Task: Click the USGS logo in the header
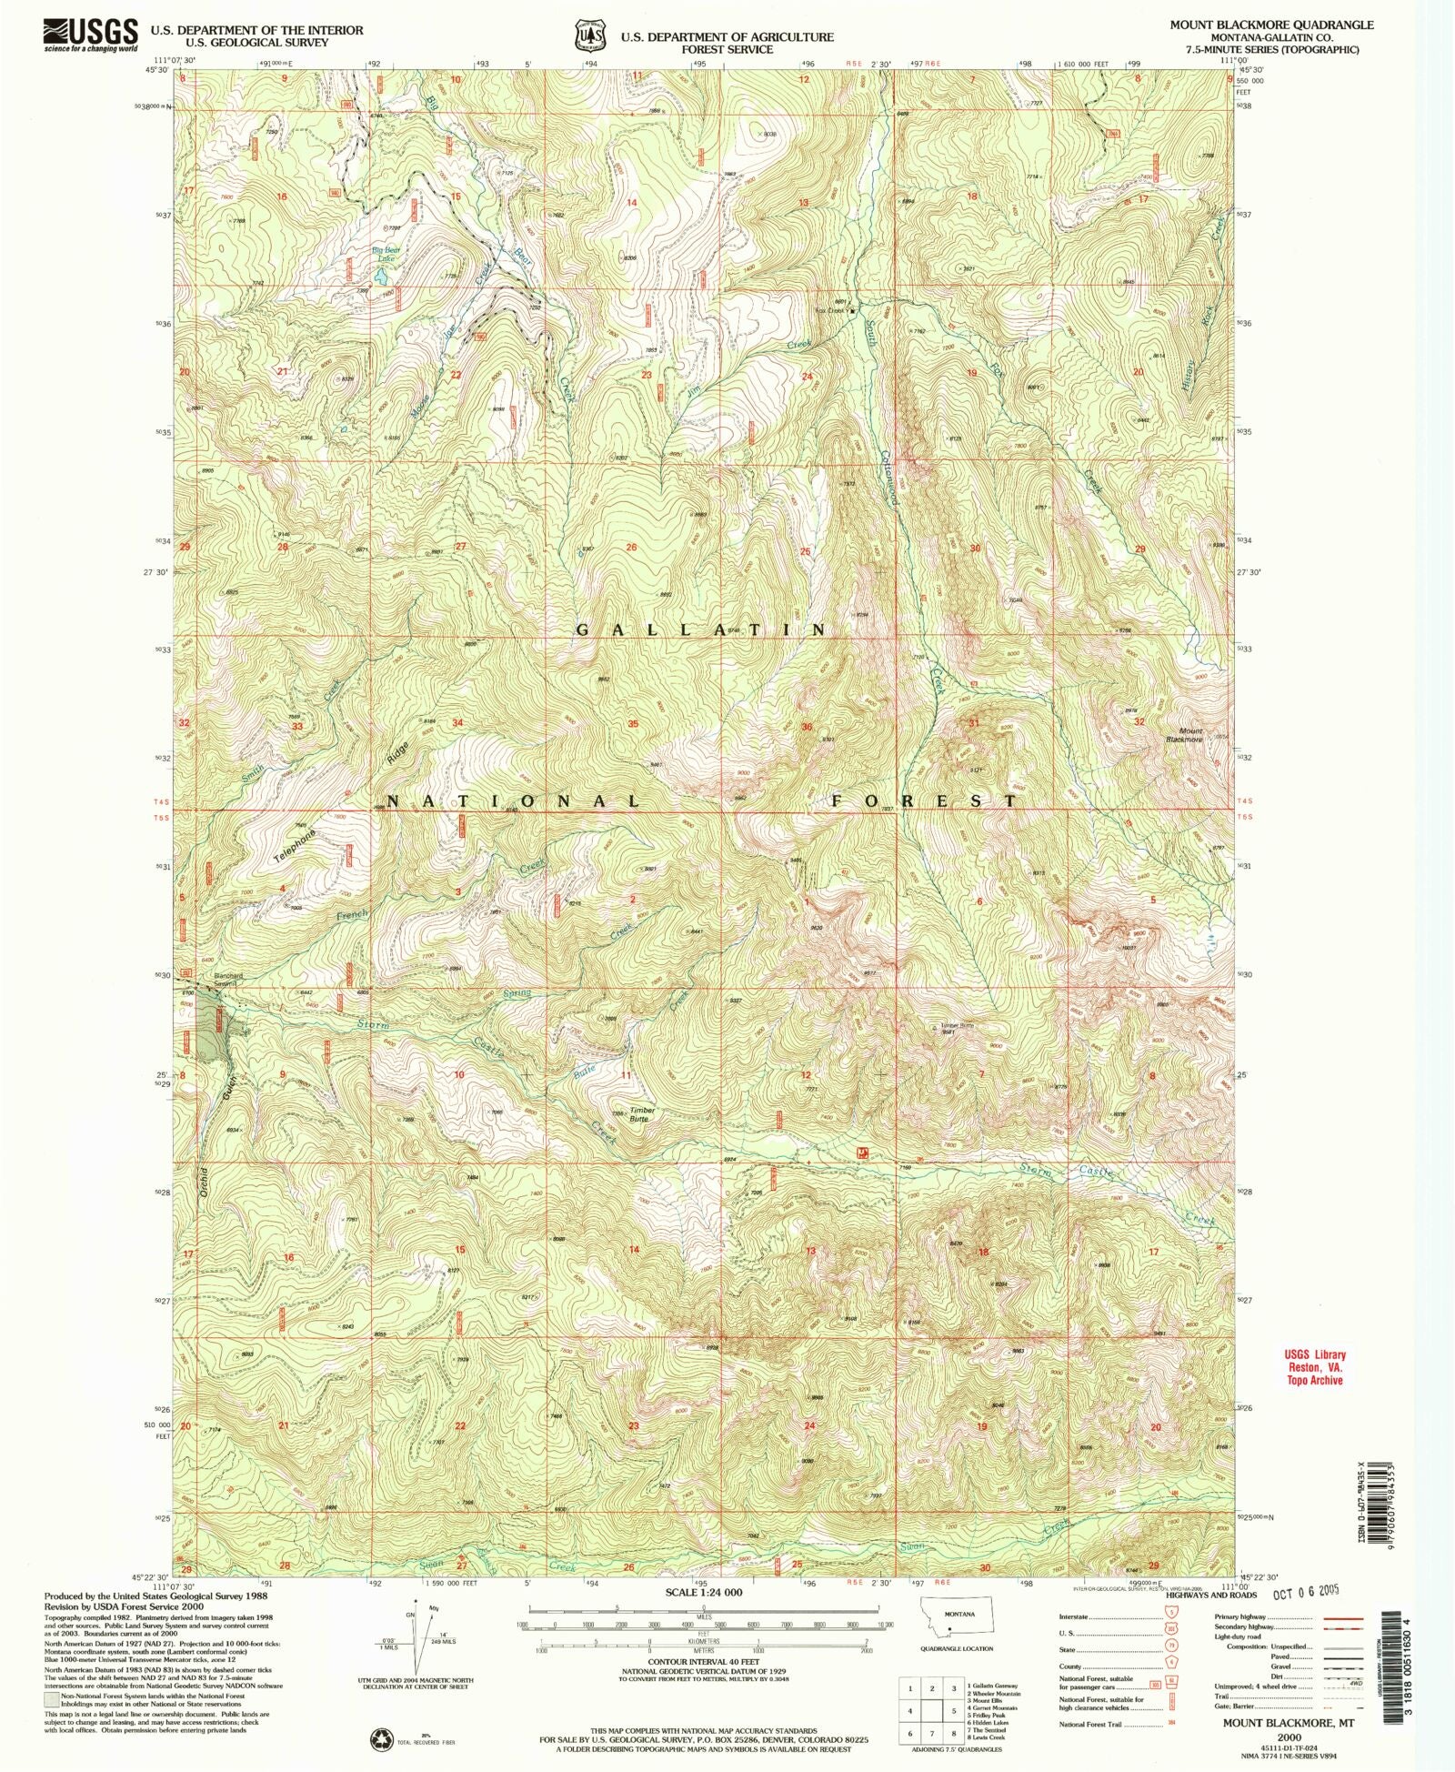[x=90, y=35]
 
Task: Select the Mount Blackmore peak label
[x=1190, y=735]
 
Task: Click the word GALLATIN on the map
[x=702, y=629]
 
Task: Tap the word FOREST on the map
[x=925, y=800]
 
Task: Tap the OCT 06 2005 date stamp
[x=1305, y=1593]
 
